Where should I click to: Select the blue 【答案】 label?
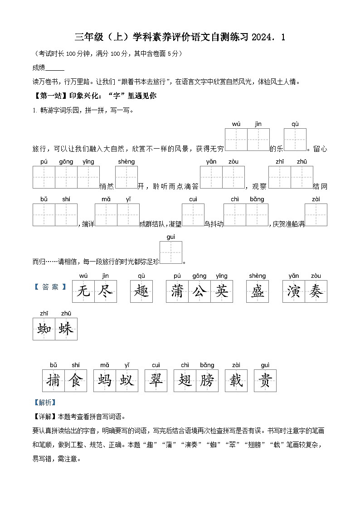click(x=51, y=287)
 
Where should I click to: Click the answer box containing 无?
click(x=83, y=291)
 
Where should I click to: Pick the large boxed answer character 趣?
click(x=141, y=291)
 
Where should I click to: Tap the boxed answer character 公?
click(x=199, y=291)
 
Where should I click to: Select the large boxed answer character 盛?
click(x=258, y=291)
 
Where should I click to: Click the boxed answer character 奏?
click(x=316, y=291)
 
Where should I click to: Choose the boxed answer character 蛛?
click(x=66, y=329)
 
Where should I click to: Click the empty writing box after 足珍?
click(x=171, y=252)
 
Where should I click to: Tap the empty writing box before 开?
click(x=126, y=177)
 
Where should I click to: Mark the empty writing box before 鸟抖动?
click(x=193, y=215)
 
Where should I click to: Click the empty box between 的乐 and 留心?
click(x=295, y=140)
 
